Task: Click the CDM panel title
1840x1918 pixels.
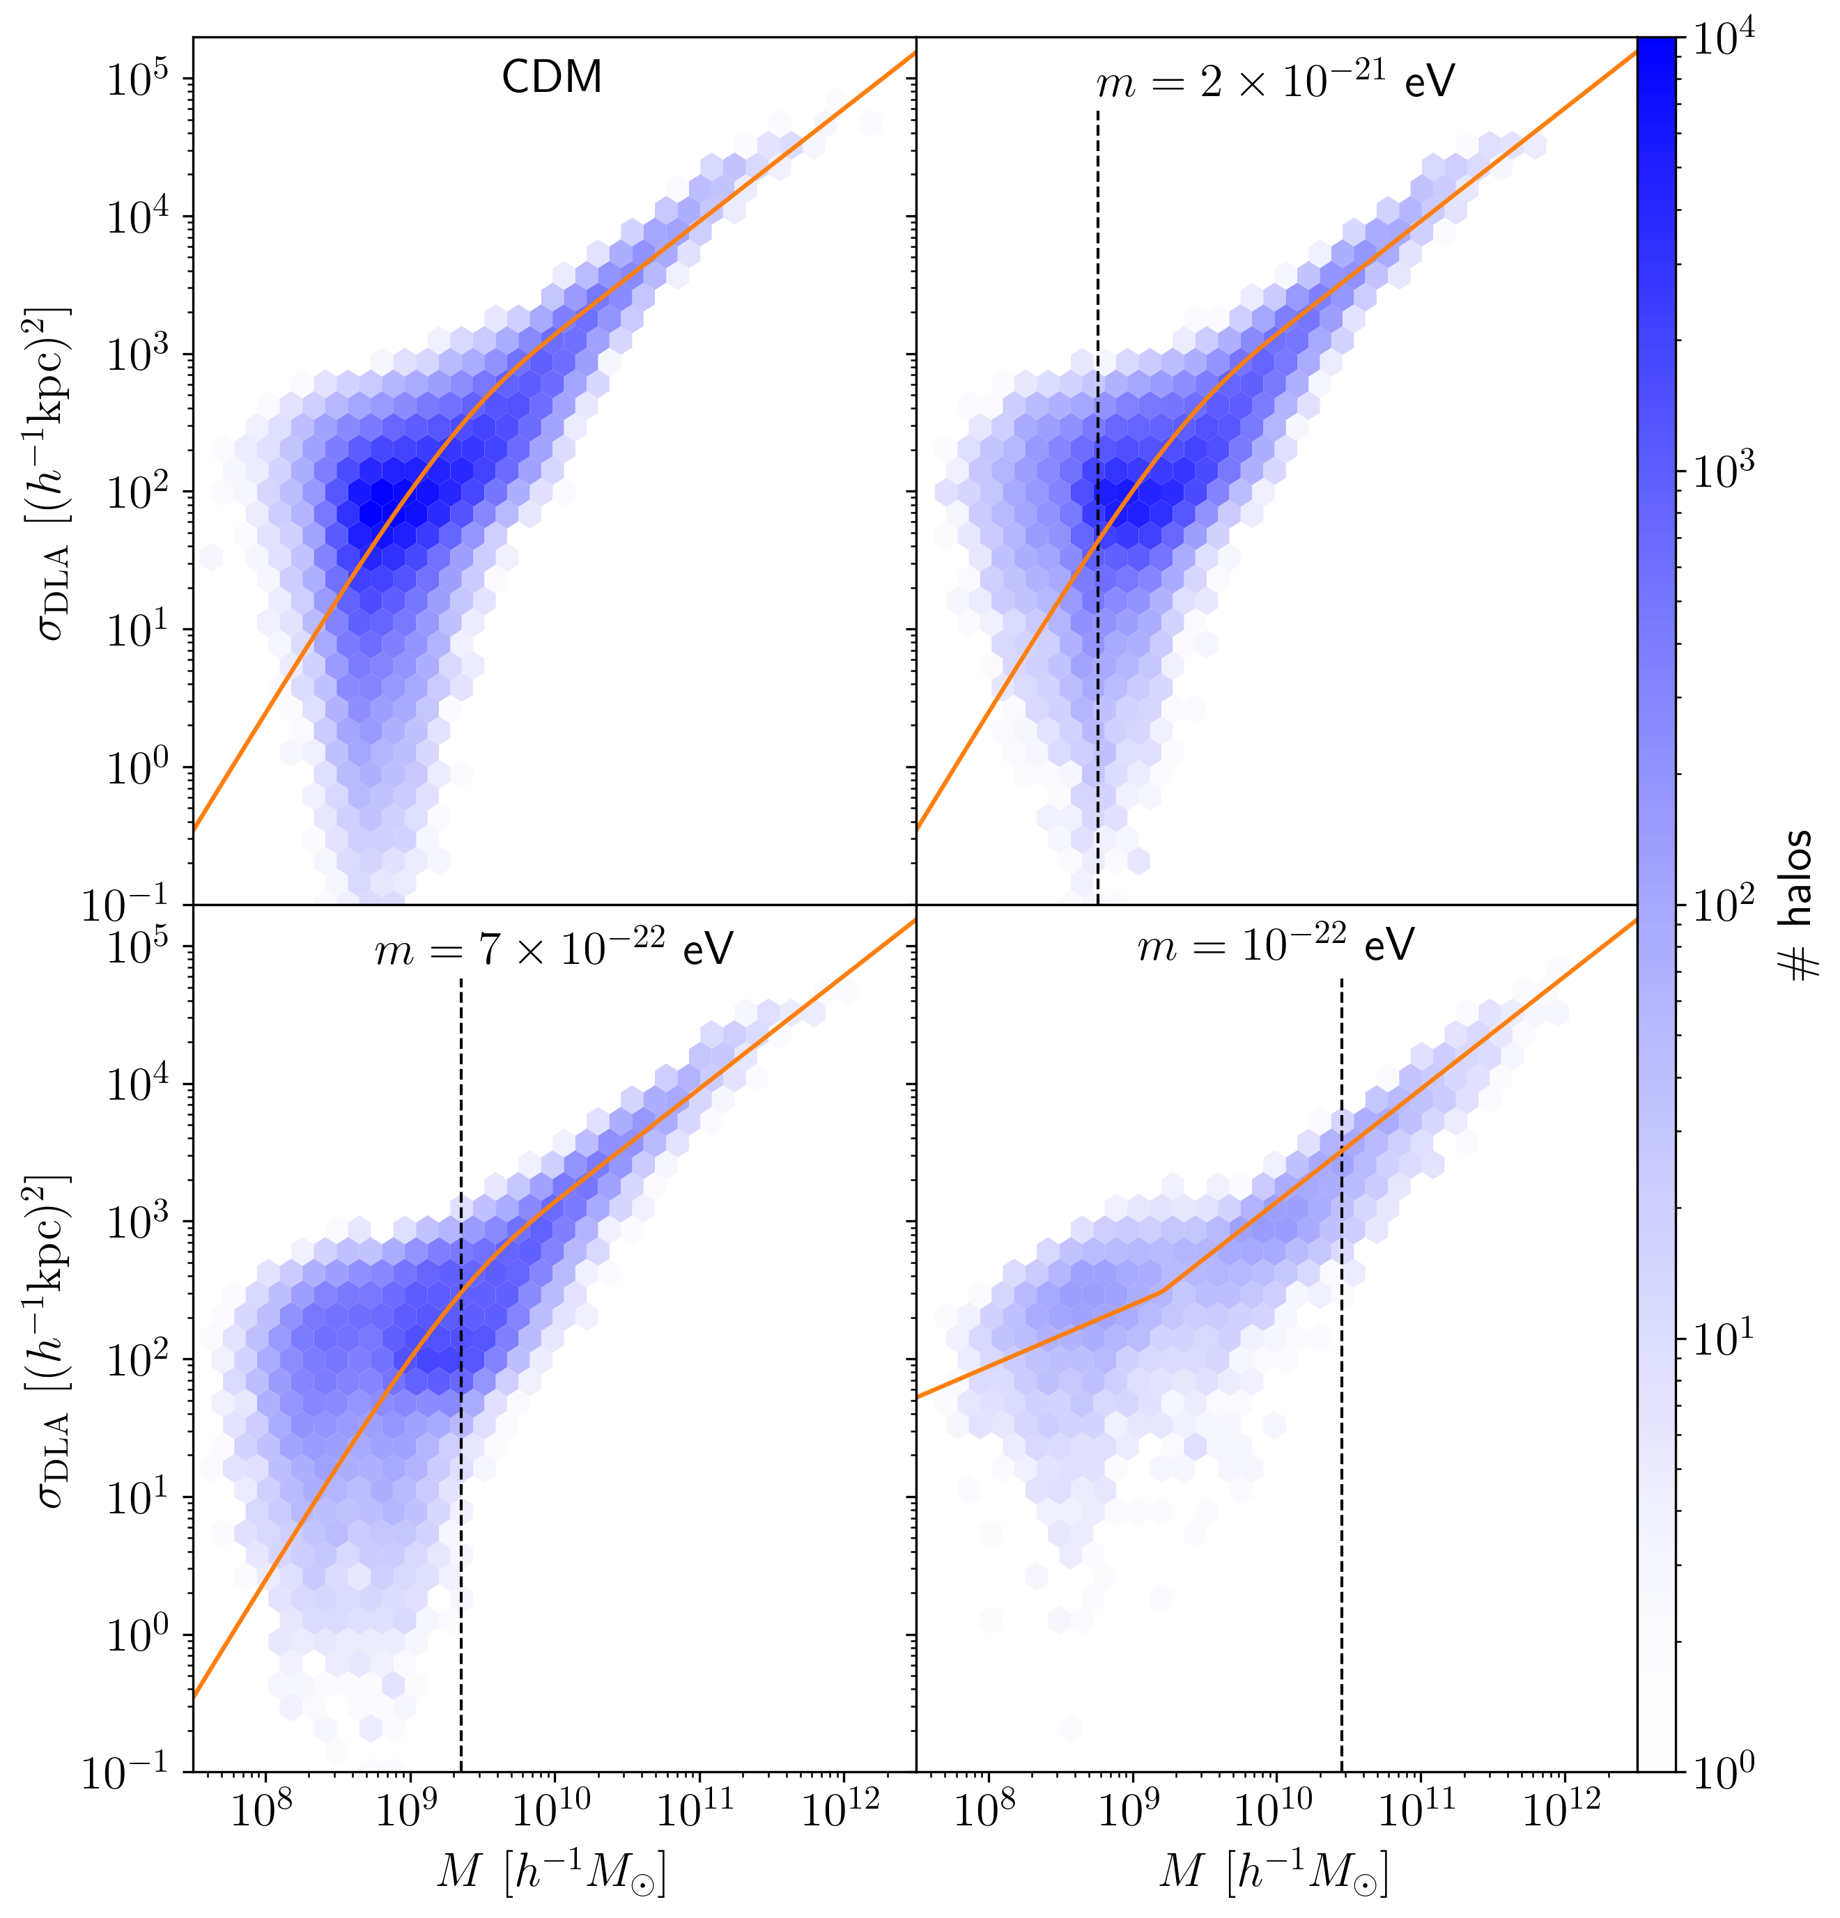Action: [x=551, y=77]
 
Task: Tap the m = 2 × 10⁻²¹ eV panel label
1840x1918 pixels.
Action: [x=1275, y=82]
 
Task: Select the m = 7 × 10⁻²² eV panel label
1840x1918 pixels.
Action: [x=554, y=949]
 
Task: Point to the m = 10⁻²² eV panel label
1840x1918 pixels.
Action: [x=1275, y=945]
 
